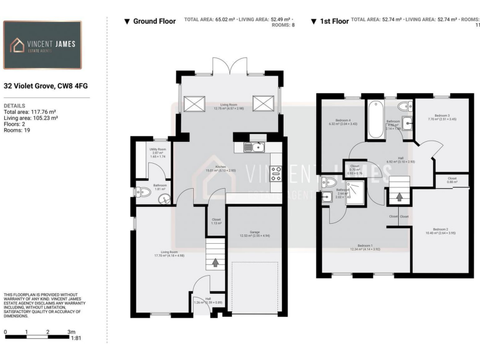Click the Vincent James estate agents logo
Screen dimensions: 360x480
tap(42, 45)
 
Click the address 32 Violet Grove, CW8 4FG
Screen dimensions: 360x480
tap(38, 87)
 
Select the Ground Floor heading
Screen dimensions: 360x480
tap(150, 21)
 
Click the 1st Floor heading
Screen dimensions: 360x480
tap(330, 21)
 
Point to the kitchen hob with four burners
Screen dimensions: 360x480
tap(276, 173)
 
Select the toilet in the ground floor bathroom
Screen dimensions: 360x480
tap(142, 192)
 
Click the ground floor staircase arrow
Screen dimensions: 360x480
tap(215, 262)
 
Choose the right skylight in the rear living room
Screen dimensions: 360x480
tap(263, 102)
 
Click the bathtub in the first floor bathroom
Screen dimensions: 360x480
tap(376, 119)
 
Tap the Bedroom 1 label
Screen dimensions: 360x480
tap(366, 247)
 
